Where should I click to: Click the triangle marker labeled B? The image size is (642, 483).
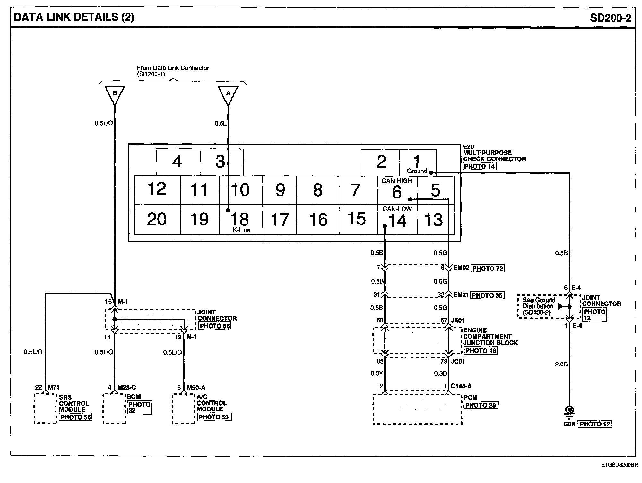114,94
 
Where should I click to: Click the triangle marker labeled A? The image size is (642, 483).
228,94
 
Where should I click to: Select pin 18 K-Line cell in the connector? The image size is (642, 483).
241,220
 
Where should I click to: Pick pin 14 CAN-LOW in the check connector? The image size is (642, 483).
397,220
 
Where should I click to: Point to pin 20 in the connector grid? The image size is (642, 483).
157,219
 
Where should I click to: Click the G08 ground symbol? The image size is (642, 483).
570,411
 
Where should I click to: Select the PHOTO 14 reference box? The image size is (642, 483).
480,166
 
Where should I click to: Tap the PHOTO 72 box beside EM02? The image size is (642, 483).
488,268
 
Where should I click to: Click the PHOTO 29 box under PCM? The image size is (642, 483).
481,405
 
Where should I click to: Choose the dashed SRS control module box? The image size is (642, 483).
45,408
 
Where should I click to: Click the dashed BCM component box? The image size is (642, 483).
114,408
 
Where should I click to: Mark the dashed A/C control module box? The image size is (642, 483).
183,408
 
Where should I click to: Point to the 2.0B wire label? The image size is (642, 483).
561,364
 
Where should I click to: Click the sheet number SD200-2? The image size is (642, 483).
610,17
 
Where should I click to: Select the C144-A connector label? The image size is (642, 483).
461,386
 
